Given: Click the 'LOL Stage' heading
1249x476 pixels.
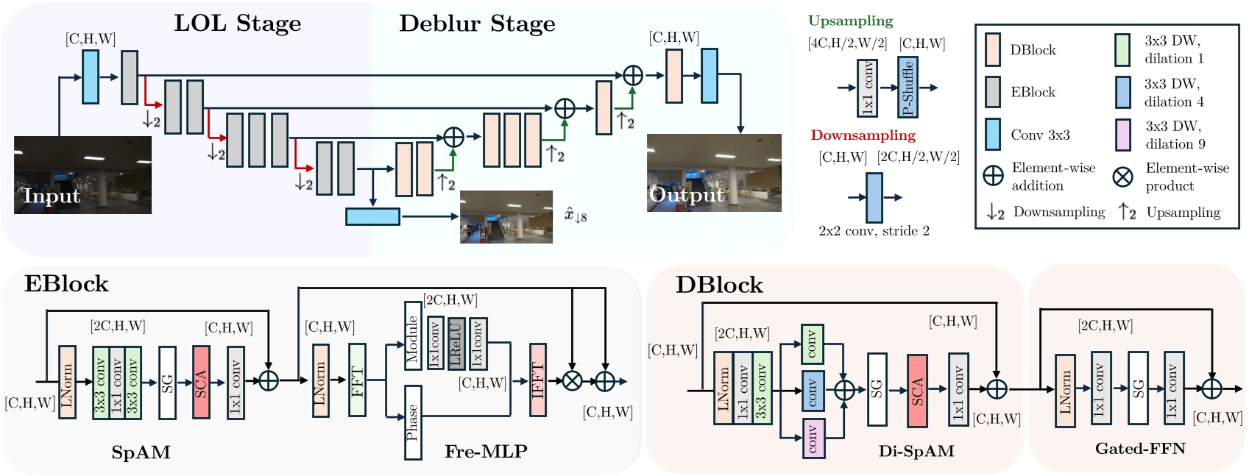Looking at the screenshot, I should coord(237,24).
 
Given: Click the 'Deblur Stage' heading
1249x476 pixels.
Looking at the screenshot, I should coord(477,24).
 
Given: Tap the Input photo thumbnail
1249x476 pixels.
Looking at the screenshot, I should coord(82,175).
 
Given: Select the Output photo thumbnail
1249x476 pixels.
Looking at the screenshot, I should coord(713,173).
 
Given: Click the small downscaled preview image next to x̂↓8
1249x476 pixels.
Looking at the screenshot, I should coord(506,217).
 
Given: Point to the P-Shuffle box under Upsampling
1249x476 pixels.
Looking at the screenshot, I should coord(907,88).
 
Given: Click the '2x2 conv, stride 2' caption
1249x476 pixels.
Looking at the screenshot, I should coord(874,231).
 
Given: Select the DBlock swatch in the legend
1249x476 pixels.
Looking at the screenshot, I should coord(992,49).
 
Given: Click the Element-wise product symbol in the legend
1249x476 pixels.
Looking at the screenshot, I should coord(1122,177).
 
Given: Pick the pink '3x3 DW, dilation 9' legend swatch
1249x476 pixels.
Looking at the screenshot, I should coord(1122,135).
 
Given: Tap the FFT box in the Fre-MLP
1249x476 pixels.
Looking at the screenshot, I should coord(357,380).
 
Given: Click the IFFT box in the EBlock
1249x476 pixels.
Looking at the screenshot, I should coord(538,380).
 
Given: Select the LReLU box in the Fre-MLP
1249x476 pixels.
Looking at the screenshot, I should coord(456,344).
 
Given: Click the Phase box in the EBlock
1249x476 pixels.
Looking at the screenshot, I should coord(413,422).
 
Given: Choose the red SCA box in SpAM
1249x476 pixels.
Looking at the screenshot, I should coord(201,382).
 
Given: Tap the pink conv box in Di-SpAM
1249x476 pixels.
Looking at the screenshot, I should coord(813,438).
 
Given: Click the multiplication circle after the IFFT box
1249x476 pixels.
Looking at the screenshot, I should coord(572,380).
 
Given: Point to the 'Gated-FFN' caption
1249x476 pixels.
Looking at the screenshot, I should coord(1139,449).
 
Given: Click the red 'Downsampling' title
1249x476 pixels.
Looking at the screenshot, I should coord(863,135).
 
